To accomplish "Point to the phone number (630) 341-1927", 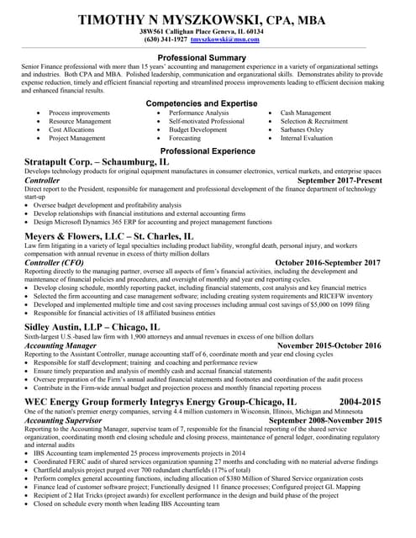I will click(166, 40).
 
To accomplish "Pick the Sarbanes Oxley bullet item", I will click(302, 130).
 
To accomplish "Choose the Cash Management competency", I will click(306, 113).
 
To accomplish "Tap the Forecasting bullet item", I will click(186, 140).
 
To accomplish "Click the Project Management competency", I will click(77, 140).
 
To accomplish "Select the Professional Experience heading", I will click(208, 150).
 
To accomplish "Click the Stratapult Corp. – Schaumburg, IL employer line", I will click(97, 161).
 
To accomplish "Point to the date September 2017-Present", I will click(340, 181).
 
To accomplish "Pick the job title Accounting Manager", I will click(61, 345).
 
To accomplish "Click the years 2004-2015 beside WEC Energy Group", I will click(360, 403).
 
